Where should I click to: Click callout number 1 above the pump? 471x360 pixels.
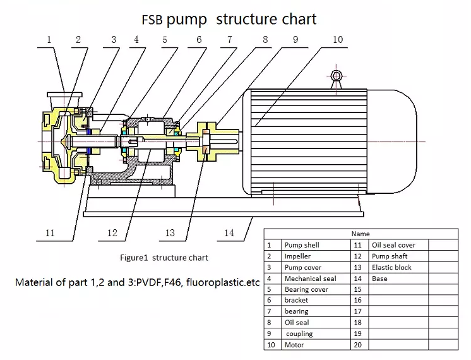tap(49, 40)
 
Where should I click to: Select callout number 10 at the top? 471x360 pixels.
tap(337, 40)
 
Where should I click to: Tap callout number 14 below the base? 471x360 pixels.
tap(229, 233)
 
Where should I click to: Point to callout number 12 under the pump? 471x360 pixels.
tap(112, 233)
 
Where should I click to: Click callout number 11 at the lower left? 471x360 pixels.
tap(49, 233)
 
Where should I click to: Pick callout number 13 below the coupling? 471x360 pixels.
tap(170, 233)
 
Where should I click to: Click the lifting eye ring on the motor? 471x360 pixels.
tap(336, 76)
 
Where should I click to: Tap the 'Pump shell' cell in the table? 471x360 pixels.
tap(302, 245)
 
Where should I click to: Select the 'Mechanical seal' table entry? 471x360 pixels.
tap(310, 279)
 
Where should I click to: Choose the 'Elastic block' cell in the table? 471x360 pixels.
tap(391, 267)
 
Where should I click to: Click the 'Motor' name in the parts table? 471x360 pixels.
tap(294, 345)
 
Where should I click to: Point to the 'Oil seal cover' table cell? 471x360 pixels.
tap(393, 245)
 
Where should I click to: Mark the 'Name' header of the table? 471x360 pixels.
tap(361, 234)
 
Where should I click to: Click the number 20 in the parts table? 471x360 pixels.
tap(358, 345)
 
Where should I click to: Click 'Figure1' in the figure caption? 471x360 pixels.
tap(134, 258)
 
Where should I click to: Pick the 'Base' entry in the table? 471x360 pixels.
tap(379, 279)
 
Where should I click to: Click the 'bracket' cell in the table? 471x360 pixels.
tap(296, 301)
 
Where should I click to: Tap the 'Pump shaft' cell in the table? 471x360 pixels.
tap(390, 256)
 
